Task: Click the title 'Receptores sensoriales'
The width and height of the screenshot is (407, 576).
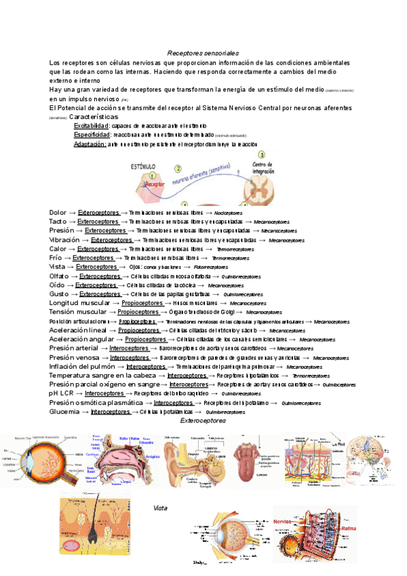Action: [x=203, y=53]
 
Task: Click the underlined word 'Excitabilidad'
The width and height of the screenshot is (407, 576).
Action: [x=91, y=126]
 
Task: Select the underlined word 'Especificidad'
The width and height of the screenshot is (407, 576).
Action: [x=92, y=135]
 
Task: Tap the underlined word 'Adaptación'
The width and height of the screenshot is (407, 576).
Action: [x=90, y=145]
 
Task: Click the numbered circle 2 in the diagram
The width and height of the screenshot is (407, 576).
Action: [x=178, y=168]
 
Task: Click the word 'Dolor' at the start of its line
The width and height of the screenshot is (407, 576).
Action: [x=58, y=213]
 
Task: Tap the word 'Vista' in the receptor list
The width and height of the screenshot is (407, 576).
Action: [x=58, y=266]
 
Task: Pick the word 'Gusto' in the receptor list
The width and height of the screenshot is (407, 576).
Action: [x=59, y=293]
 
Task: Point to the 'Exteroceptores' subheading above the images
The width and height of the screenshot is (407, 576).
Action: [x=203, y=421]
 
